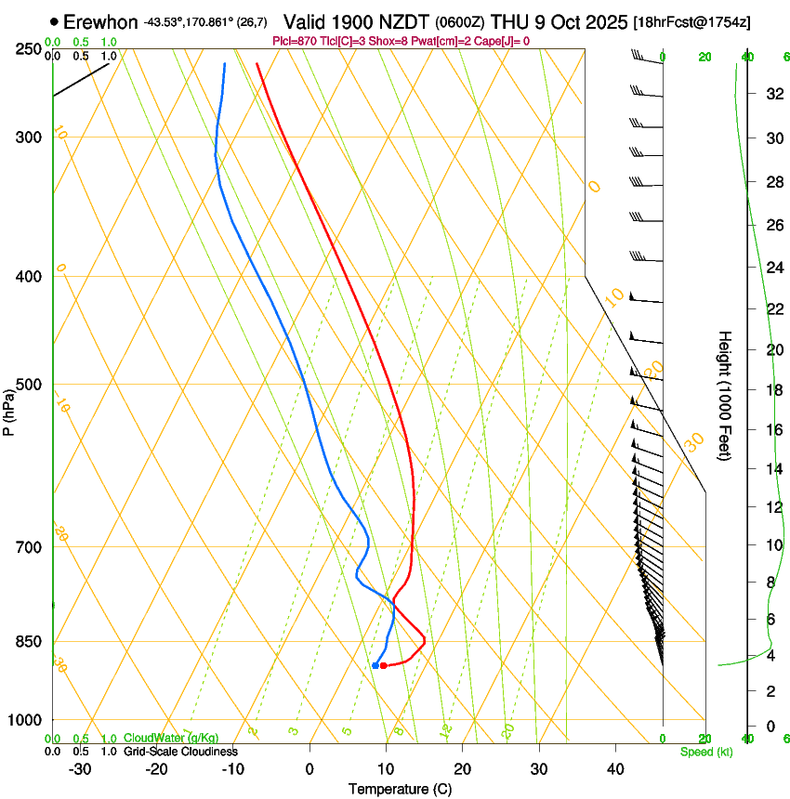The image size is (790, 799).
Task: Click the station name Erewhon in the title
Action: [101, 21]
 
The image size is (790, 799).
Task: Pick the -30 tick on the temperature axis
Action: [80, 768]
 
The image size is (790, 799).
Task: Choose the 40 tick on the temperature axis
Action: [615, 768]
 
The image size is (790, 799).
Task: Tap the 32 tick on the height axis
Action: [772, 94]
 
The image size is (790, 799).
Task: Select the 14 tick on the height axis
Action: [772, 468]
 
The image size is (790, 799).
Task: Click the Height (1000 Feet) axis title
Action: [725, 395]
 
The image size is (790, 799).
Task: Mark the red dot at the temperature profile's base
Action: [383, 665]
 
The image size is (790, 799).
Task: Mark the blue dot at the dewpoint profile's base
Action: [375, 665]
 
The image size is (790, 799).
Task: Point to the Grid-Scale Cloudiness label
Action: [180, 751]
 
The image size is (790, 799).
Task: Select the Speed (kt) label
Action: [705, 751]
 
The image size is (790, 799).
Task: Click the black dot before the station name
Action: [55, 21]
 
